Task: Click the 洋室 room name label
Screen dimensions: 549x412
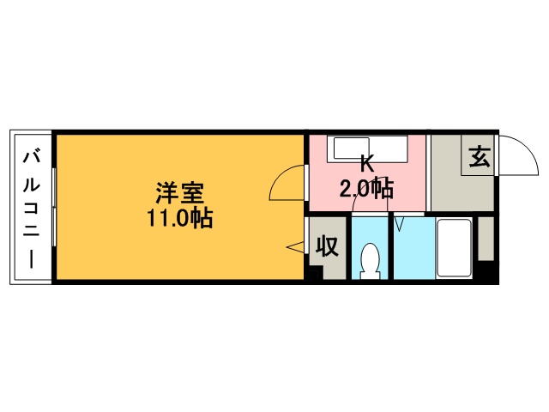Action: coord(179,193)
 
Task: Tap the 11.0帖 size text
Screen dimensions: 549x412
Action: coord(179,218)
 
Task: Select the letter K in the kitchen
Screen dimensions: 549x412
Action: coord(367,164)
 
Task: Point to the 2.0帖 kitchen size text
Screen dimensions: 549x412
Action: coord(366,189)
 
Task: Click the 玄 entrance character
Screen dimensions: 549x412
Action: coord(480,156)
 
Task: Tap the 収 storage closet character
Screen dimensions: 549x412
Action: coord(327,246)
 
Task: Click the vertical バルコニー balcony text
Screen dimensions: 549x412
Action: coord(32,209)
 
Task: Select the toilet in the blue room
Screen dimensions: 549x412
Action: coord(370,261)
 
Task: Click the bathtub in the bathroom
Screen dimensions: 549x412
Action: coord(454,248)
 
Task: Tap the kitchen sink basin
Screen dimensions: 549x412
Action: coord(352,148)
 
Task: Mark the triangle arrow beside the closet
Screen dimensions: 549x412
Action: coord(296,247)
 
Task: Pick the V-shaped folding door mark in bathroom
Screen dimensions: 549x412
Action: coord(399,224)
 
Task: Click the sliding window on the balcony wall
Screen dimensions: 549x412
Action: coord(54,207)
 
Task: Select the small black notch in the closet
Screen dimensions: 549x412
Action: coord(315,273)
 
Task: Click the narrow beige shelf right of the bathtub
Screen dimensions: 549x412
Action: coord(486,239)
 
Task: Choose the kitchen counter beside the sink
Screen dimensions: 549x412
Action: coord(389,148)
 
